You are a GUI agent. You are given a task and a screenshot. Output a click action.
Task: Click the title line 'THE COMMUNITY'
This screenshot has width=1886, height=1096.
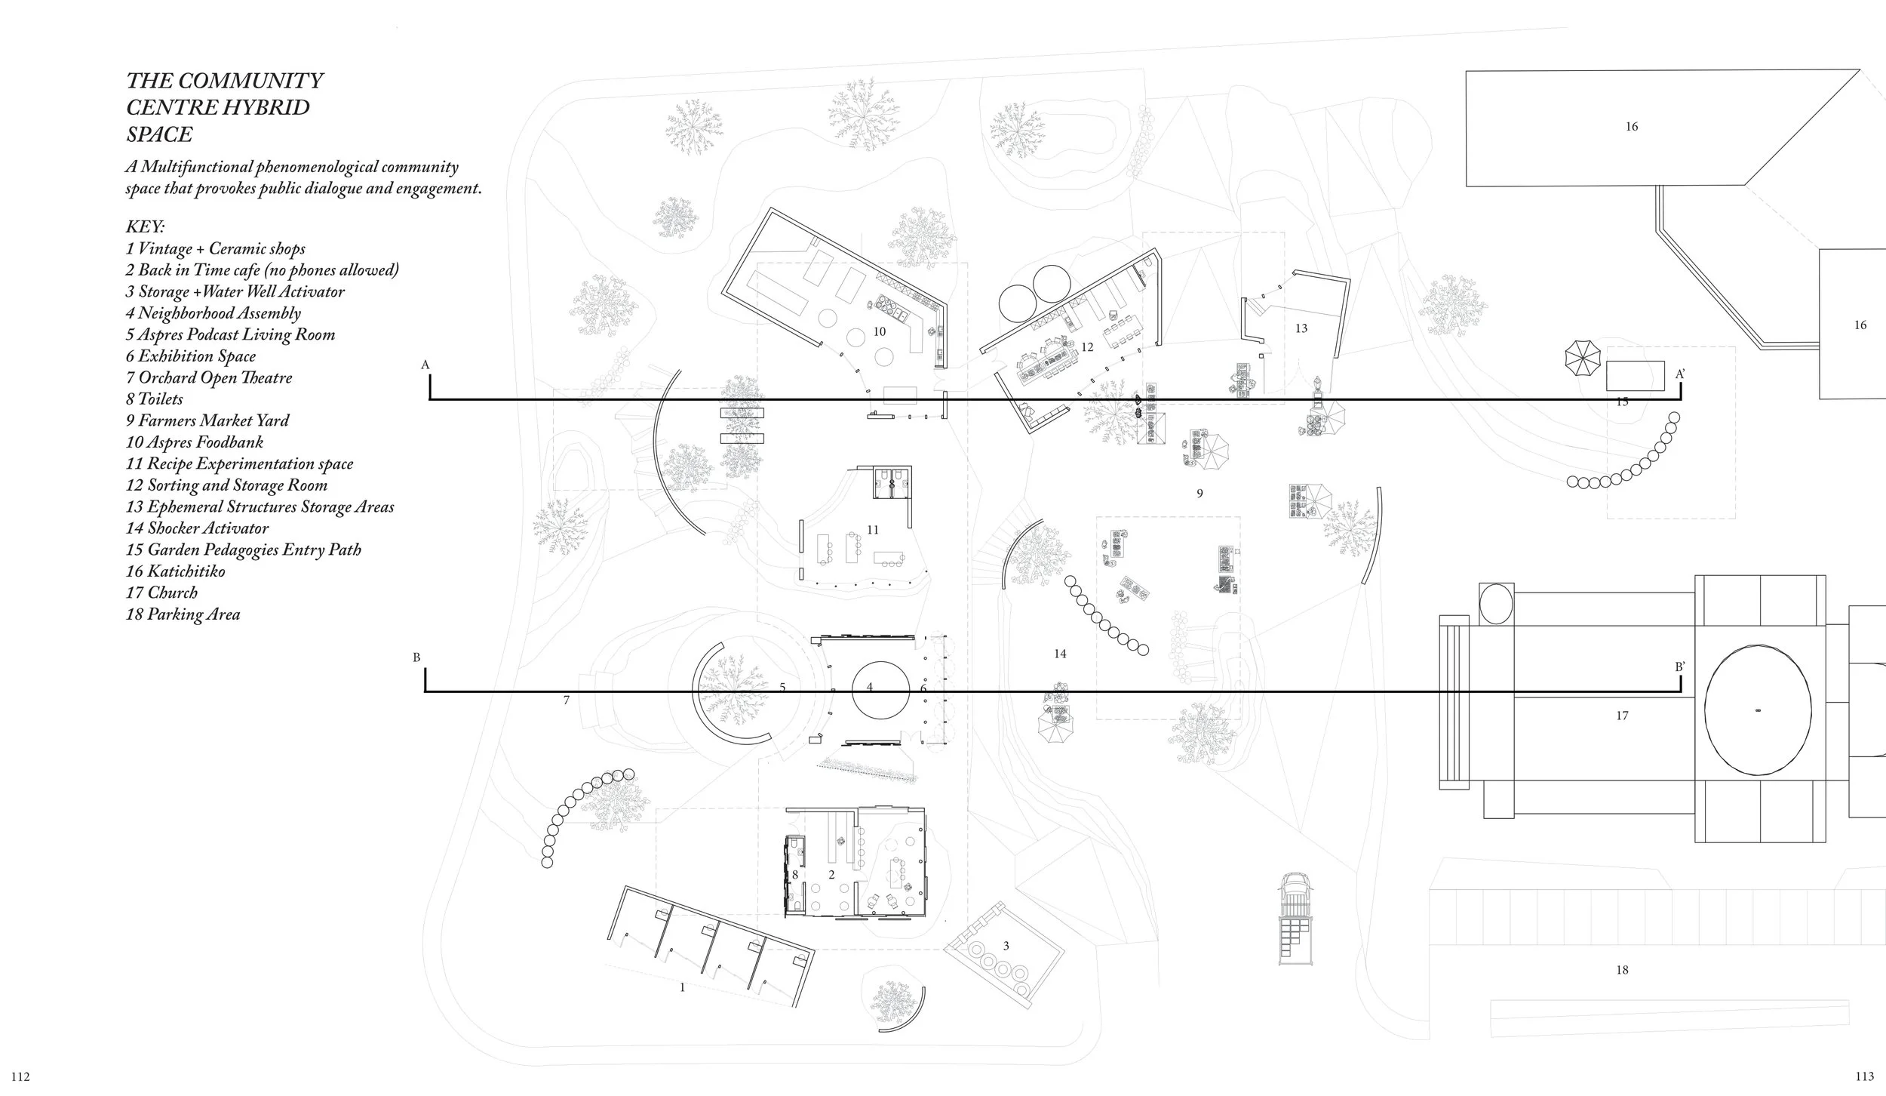click(225, 81)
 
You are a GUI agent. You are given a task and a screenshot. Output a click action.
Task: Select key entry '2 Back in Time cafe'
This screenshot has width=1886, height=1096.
click(262, 270)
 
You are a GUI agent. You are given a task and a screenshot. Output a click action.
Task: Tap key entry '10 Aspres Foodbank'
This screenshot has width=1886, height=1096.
click(195, 442)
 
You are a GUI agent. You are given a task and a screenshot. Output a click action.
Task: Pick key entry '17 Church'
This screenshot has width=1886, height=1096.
click(161, 593)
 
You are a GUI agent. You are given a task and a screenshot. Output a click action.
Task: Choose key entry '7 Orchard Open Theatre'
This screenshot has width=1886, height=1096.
click(209, 377)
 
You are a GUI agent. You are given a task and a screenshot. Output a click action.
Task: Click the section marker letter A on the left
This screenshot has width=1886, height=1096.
click(425, 365)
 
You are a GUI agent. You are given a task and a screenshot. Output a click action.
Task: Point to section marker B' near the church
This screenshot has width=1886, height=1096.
click(1680, 667)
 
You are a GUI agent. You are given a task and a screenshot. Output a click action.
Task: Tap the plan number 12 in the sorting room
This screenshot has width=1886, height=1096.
click(1087, 347)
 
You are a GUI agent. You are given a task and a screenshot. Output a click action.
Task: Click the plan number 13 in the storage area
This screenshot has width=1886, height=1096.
click(1301, 328)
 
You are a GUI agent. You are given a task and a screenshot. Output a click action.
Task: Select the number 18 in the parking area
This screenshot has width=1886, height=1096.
click(1622, 970)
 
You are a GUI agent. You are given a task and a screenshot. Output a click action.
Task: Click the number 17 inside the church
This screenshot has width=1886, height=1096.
click(1622, 716)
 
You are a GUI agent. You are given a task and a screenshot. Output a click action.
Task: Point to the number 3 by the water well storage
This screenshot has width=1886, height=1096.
click(1006, 946)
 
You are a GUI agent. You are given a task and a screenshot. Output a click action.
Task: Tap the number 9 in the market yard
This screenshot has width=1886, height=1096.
click(1199, 494)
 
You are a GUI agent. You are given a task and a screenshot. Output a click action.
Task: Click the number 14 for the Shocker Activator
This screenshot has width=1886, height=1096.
click(1060, 654)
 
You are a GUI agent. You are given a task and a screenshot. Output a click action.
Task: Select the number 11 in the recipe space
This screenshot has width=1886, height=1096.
click(873, 530)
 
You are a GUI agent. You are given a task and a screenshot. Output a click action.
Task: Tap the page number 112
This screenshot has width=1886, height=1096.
click(20, 1076)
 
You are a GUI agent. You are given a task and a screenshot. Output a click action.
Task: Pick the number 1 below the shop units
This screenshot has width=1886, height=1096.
click(683, 987)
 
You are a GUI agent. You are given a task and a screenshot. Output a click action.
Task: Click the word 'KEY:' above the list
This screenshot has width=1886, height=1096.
click(145, 227)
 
